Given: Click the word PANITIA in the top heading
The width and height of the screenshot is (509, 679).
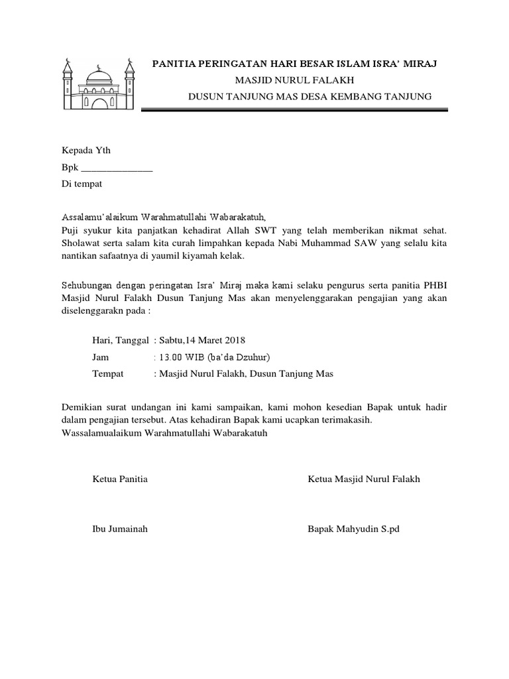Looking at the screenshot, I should pos(175,64).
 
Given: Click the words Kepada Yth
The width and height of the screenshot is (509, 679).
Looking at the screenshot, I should pos(82,151).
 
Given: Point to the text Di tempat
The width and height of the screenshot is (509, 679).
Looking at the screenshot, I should pos(82,183).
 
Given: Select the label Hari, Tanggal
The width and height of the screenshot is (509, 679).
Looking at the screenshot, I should pos(120,340).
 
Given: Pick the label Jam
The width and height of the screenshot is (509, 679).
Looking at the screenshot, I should pos(99,357).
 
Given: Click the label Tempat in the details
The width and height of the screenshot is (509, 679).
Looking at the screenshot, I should pos(107,373).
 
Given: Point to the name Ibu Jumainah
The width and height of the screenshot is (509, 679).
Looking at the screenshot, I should pos(119,528).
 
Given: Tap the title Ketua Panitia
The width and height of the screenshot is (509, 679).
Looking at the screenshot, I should pos(120,479).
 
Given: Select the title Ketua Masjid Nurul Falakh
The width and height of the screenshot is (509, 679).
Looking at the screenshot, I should pos(364,479).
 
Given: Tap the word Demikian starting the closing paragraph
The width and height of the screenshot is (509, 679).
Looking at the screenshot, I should pos(82,406).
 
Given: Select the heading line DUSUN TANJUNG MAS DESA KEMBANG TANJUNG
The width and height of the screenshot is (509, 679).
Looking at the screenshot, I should pos(310,97).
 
